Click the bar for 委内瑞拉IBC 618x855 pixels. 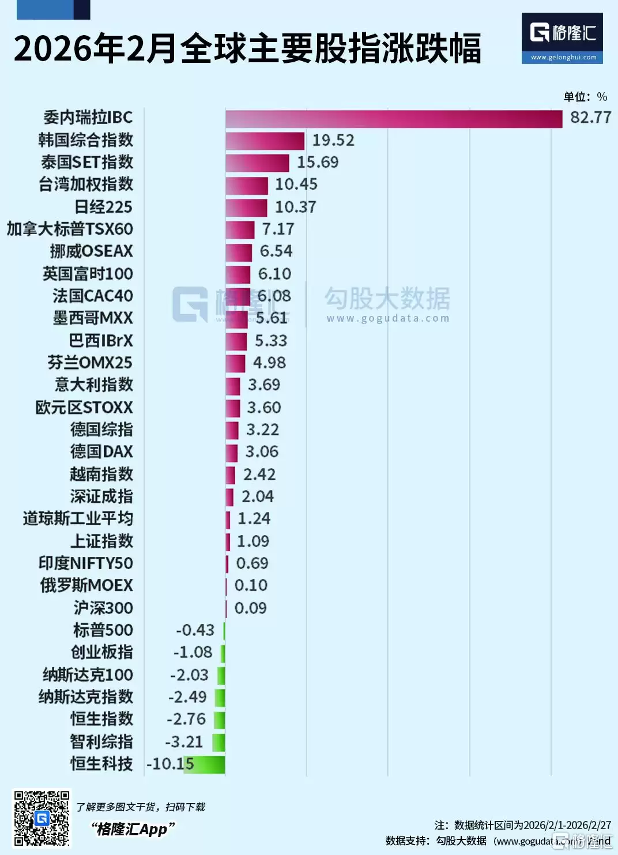point(393,119)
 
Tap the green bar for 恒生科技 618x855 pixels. point(205,764)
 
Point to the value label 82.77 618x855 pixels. point(590,118)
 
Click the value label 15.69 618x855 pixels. point(317,163)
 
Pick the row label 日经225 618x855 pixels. point(103,207)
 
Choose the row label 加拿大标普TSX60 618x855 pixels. point(70,229)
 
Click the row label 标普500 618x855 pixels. point(103,630)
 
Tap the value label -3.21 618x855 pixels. point(184,741)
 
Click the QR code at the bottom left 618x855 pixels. point(42,818)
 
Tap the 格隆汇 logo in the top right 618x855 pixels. point(562,37)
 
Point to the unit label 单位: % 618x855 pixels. point(585,97)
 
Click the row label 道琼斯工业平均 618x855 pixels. point(78,519)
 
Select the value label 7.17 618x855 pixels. point(278,229)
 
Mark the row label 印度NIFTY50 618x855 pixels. point(85,563)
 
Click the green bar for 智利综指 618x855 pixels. point(218,742)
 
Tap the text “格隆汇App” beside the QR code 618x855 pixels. point(132,829)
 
